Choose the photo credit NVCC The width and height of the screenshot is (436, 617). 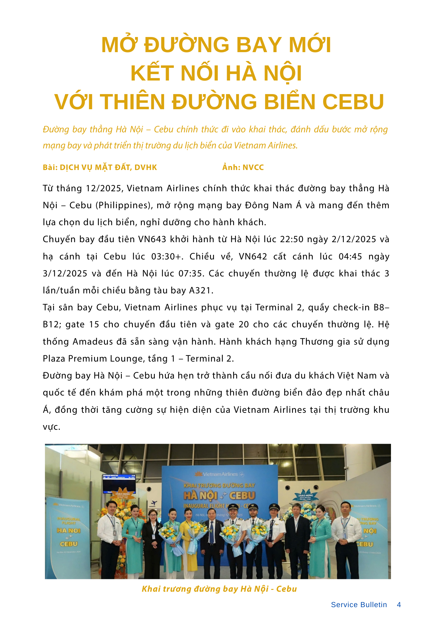pos(253,168)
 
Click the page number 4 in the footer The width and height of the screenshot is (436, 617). pos(399,605)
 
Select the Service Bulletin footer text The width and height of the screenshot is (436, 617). pos(359,605)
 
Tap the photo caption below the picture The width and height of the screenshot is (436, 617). pos(219,589)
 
